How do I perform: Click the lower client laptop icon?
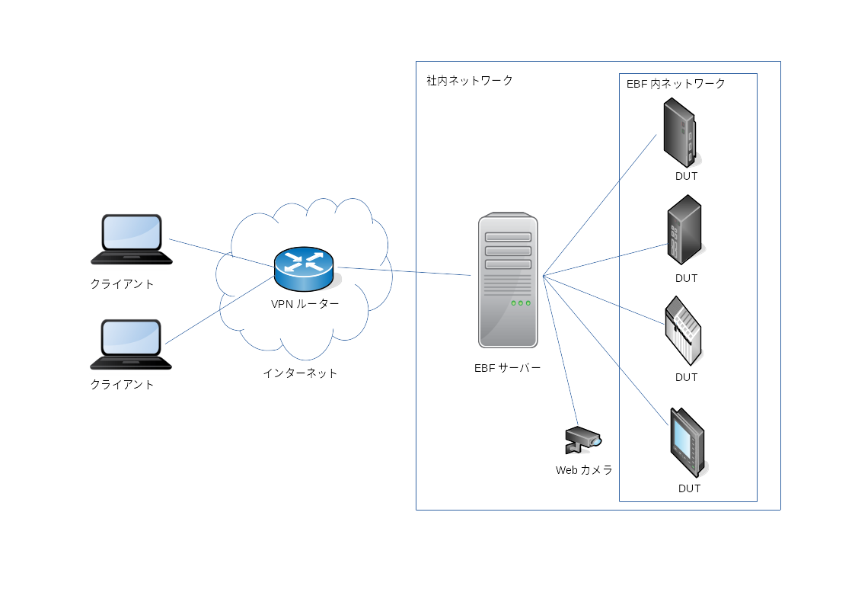click(132, 344)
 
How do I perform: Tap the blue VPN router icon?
click(304, 267)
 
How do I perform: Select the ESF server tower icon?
click(508, 281)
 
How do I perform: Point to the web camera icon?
click(583, 439)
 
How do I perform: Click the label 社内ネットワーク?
click(469, 80)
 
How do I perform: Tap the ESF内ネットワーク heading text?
click(675, 84)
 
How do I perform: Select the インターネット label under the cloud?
click(299, 373)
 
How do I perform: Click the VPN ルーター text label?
click(305, 304)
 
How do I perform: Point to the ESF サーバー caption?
click(508, 368)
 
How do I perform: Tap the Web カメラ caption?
click(584, 470)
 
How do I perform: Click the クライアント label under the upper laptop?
click(122, 284)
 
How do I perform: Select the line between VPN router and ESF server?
click(404, 270)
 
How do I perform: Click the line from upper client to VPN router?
click(221, 253)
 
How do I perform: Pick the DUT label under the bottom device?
click(689, 488)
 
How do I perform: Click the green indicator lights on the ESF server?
click(521, 303)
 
